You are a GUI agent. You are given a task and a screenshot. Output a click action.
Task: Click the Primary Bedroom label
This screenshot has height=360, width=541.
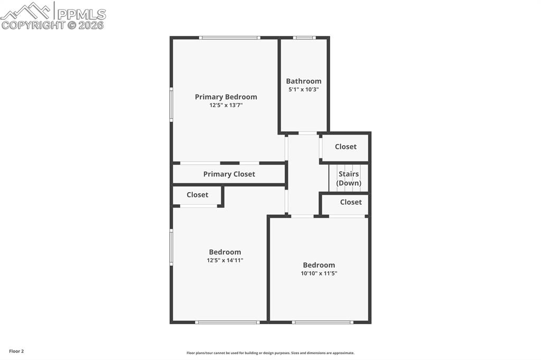226,97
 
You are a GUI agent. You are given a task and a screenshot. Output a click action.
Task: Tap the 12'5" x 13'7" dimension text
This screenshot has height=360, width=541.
226,106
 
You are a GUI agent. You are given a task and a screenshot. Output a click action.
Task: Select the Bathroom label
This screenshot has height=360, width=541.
304,81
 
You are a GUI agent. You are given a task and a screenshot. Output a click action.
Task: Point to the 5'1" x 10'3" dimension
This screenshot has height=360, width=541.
304,90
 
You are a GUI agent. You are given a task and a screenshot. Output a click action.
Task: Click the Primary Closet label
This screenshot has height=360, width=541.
229,174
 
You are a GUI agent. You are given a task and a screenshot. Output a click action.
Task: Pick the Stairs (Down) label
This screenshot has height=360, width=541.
349,178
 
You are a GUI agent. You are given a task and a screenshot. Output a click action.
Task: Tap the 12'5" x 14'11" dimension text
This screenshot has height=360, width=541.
225,260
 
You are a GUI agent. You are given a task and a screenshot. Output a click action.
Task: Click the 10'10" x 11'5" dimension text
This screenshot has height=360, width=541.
319,273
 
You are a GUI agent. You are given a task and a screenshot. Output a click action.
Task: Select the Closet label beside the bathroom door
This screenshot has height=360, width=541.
346,147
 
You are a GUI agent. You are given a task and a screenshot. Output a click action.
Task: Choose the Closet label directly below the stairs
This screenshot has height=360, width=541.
351,202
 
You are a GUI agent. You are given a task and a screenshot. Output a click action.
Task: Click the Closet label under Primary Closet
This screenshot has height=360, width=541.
197,195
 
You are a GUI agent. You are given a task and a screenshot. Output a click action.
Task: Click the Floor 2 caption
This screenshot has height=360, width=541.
16,351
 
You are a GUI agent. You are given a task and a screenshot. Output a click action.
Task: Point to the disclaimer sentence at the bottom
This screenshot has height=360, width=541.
270,353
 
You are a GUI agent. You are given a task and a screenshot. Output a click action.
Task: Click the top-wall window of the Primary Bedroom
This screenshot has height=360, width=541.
229,37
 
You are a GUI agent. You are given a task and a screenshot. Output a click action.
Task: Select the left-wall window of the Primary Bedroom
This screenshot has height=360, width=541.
171,105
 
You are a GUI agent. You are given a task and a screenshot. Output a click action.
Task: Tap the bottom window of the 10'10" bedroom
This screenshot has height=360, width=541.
322,322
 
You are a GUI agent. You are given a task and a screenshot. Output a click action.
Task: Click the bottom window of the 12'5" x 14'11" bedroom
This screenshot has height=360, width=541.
227,322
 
